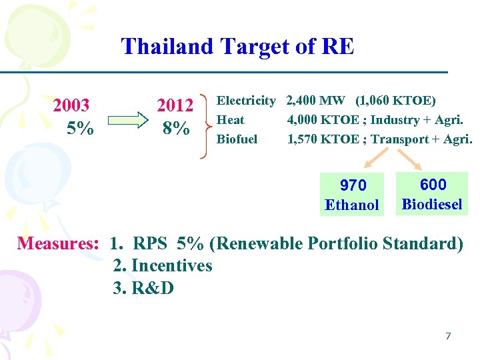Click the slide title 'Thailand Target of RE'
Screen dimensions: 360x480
coord(237,47)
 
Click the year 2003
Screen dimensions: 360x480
coord(71,106)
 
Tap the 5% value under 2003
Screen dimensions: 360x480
coord(80,128)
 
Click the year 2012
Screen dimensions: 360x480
coord(175,106)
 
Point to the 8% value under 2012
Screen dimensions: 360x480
coord(175,128)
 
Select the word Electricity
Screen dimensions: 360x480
coord(246,101)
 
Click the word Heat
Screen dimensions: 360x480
coord(231,120)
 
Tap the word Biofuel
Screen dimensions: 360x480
coord(237,139)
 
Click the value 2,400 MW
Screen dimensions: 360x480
coord(315,101)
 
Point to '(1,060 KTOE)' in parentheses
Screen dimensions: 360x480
coord(395,101)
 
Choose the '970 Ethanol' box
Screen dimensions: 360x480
coord(352,195)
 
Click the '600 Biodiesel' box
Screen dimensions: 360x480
coord(432,194)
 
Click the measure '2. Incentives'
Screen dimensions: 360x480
coord(163,266)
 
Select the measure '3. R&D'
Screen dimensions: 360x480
coord(143,288)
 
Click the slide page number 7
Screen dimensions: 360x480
coord(448,336)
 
